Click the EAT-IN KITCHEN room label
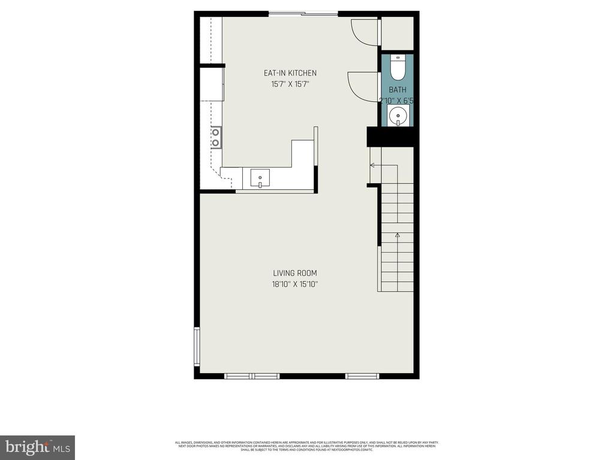pyautogui.click(x=290, y=73)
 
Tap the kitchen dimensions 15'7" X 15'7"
pyautogui.click(x=290, y=84)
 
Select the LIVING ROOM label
pyautogui.click(x=295, y=273)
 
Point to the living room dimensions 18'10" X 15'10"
pyautogui.click(x=295, y=285)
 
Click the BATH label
pyautogui.click(x=397, y=90)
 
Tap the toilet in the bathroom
pyautogui.click(x=398, y=68)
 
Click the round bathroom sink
pyautogui.click(x=398, y=115)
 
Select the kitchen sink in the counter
pyautogui.click(x=260, y=177)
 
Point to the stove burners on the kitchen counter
pyautogui.click(x=215, y=137)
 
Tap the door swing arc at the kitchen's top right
pyautogui.click(x=364, y=31)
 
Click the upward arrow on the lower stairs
pyautogui.click(x=397, y=236)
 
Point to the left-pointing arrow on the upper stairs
pyautogui.click(x=373, y=165)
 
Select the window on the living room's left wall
pyautogui.click(x=197, y=346)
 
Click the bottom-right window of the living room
pyautogui.click(x=362, y=376)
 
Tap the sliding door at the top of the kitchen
pyautogui.click(x=303, y=14)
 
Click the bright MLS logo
pyautogui.click(x=37, y=447)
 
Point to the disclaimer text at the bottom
pyautogui.click(x=306, y=446)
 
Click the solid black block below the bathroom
pyautogui.click(x=392, y=137)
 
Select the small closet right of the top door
pyautogui.click(x=398, y=32)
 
